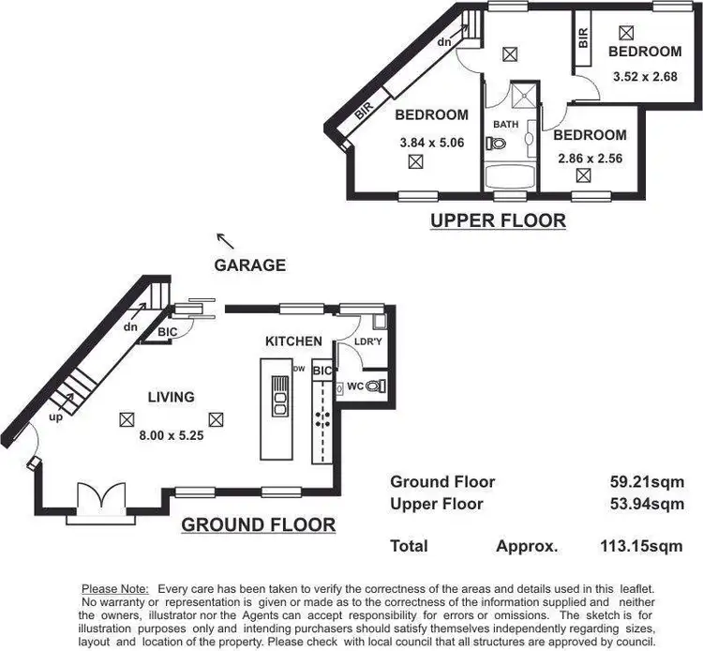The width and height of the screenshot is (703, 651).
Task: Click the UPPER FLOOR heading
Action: (x=498, y=221)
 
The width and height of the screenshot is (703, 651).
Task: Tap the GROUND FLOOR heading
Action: (x=258, y=524)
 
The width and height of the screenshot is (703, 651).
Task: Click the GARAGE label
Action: (x=249, y=265)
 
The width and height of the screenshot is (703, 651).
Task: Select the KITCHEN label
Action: (x=293, y=341)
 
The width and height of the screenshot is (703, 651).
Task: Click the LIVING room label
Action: (x=171, y=397)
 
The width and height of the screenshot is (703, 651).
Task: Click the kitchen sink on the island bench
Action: (x=278, y=398)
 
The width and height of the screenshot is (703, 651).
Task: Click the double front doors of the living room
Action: (x=97, y=497)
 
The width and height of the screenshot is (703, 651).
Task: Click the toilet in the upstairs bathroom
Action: (x=496, y=144)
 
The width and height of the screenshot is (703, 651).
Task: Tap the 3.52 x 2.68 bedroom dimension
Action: (x=644, y=77)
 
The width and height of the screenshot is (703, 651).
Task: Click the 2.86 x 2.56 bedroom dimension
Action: (x=591, y=159)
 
